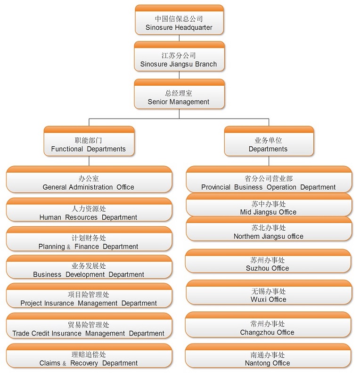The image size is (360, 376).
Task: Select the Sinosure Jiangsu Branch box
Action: (179, 59)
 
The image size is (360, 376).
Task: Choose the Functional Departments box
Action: (89, 144)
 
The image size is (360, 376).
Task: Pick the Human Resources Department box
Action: (89, 213)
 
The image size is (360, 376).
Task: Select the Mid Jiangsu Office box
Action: (269, 208)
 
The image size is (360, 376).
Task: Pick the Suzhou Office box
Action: (268, 264)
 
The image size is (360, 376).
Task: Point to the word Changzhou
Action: (257, 333)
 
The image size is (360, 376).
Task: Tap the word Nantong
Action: (257, 363)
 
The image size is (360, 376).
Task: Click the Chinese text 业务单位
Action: (268, 140)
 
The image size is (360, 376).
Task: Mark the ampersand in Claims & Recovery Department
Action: (65, 363)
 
